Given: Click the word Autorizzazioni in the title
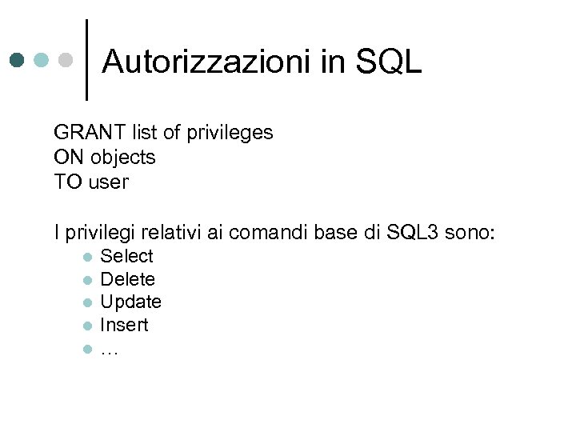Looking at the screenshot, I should tap(207, 62).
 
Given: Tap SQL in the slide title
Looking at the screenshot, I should tap(388, 62).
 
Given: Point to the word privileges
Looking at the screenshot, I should tap(230, 132).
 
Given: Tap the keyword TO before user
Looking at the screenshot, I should tap(67, 182).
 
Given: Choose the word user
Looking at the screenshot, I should tap(108, 182).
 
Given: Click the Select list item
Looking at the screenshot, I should tap(126, 256).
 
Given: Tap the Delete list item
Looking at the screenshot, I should tap(127, 279).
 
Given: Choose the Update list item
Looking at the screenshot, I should tap(130, 302).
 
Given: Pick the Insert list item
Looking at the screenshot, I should tap(124, 325).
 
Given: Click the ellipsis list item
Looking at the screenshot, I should tap(110, 349).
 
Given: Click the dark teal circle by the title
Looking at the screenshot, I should tap(18, 60).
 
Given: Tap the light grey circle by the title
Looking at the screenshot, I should tap(67, 60).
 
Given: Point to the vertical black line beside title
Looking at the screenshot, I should tap(86, 59).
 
